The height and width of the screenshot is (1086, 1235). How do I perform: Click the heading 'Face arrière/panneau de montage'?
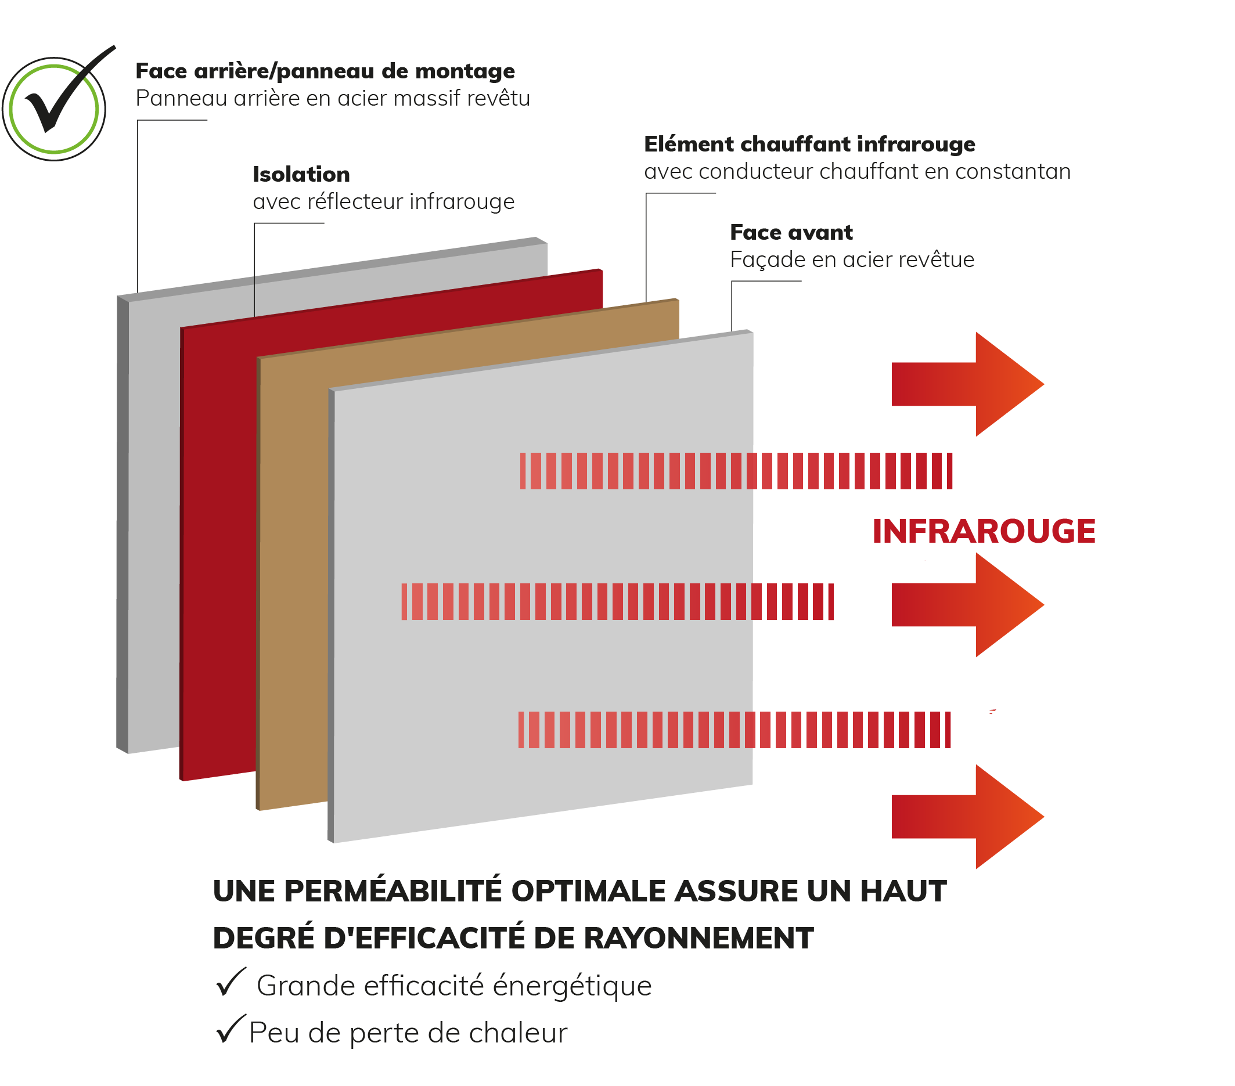coord(325,71)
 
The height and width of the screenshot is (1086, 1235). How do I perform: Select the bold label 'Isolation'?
coord(301,175)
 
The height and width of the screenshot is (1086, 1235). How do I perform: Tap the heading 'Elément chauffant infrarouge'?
coord(809,145)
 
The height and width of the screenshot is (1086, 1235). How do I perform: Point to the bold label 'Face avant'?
coord(791,233)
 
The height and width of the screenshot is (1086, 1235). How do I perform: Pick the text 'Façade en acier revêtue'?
coord(852,259)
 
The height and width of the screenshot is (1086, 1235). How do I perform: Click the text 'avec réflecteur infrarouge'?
coord(384,202)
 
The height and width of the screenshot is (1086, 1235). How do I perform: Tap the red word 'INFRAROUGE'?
coord(984,532)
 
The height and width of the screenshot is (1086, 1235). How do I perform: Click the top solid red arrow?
coord(968,384)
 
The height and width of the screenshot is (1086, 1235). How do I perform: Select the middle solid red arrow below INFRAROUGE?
coord(968,605)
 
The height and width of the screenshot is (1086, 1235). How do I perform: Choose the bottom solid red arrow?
coord(968,817)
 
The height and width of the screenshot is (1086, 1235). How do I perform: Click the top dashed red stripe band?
coord(736,471)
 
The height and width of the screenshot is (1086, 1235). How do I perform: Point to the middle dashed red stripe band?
coord(618,601)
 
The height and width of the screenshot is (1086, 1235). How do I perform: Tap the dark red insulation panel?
coord(218,544)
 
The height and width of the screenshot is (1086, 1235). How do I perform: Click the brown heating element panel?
coord(293,574)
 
